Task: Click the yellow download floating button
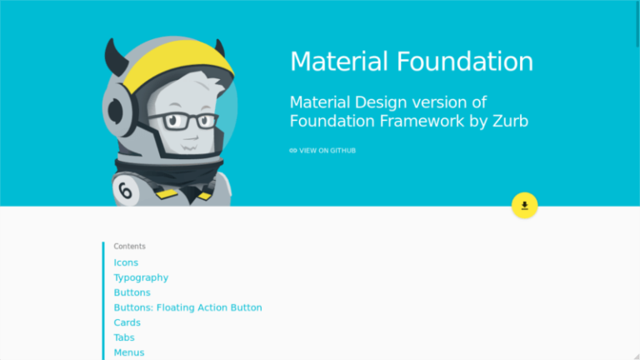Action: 524,205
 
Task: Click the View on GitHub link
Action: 327,151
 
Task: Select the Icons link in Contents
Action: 126,262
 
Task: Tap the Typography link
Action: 141,277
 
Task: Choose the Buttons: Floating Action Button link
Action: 187,307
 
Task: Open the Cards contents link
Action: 127,322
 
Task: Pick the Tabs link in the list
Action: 124,337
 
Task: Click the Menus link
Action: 129,352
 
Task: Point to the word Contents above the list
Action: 129,247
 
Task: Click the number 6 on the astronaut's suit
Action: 126,192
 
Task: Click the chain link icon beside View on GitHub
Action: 293,151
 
